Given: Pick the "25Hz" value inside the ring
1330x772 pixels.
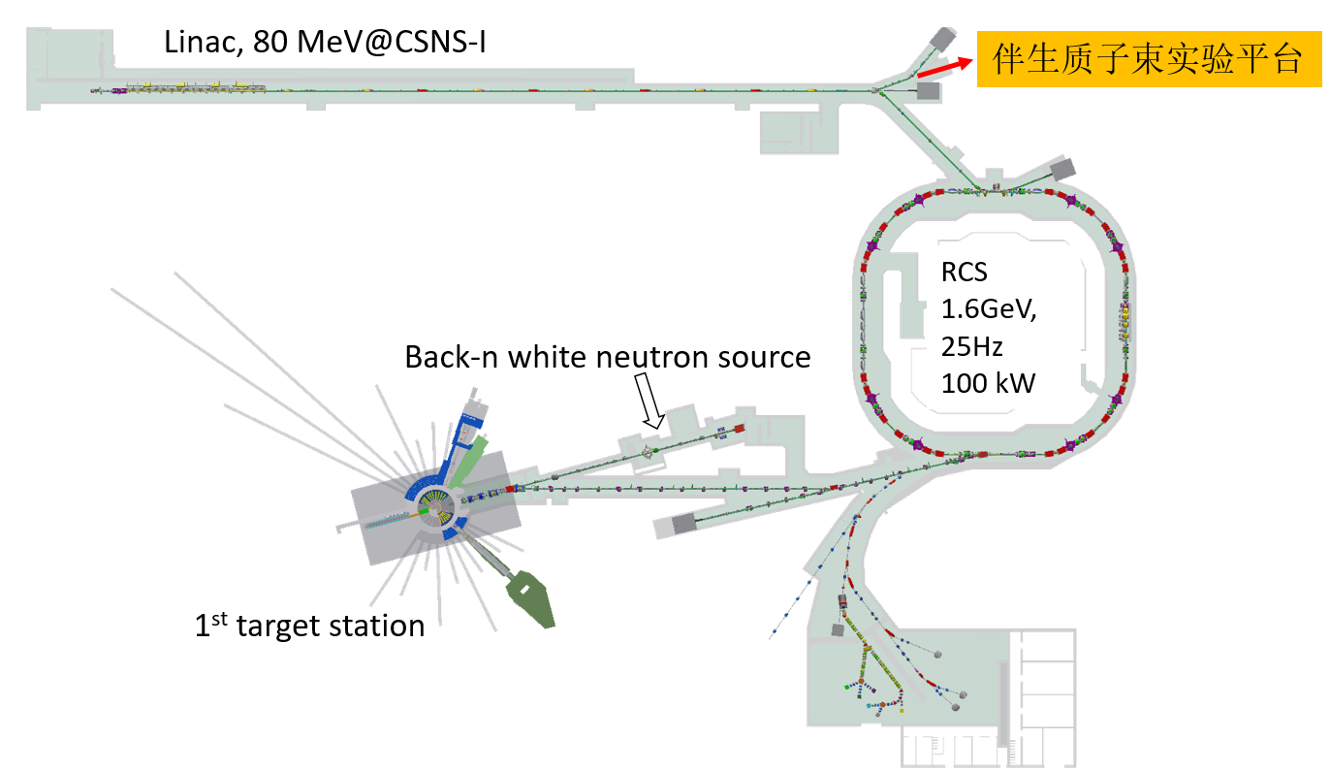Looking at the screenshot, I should click(x=971, y=345).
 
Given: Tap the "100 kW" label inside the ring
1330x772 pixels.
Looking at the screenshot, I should click(x=988, y=383).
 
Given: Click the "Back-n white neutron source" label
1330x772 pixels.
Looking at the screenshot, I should click(x=607, y=357).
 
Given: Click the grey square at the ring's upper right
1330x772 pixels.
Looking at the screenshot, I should click(x=1061, y=170).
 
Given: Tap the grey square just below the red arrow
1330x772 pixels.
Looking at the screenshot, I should click(x=928, y=91).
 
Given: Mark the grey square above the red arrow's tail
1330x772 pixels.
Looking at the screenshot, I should click(x=941, y=38).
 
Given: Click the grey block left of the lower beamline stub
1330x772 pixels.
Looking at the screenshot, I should click(x=684, y=524).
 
